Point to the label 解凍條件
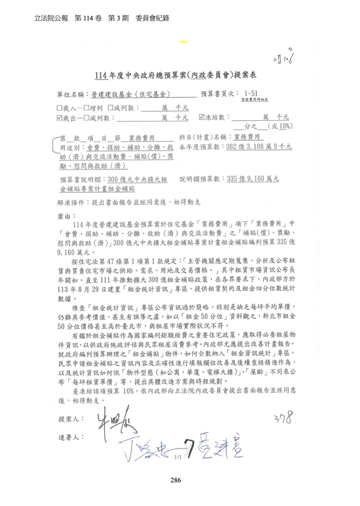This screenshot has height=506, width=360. pos(71,205)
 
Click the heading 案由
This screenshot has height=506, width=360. pos(64,216)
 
